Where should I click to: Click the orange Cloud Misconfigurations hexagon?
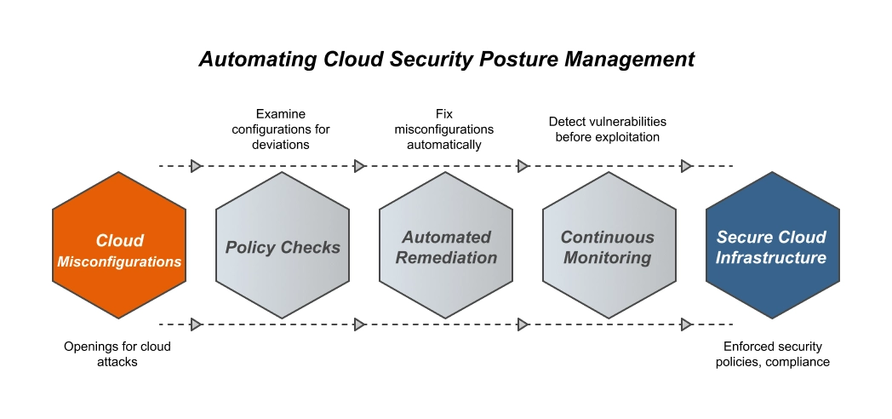click(x=119, y=245)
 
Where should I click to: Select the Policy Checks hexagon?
click(x=283, y=245)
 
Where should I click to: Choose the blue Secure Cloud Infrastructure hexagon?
click(x=772, y=245)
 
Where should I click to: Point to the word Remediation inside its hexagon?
click(x=447, y=257)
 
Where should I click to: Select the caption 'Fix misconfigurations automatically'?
click(x=443, y=129)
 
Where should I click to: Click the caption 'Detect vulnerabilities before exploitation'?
click(x=607, y=129)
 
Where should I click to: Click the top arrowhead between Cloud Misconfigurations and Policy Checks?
click(x=197, y=166)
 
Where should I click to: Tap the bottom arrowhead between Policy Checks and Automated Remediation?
click(x=360, y=324)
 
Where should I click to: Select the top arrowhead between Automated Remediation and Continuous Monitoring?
click(x=523, y=166)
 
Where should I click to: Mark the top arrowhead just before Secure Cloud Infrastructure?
click(x=687, y=166)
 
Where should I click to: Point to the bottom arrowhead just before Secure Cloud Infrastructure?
click(x=687, y=324)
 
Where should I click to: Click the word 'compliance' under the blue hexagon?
click(x=799, y=362)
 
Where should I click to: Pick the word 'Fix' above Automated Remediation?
click(x=443, y=114)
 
